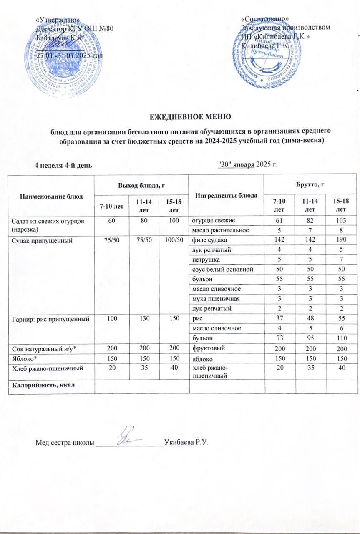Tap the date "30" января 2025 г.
pos(248,164)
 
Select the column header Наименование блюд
pos(52,196)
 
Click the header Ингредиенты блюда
pos(227,196)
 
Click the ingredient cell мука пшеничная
pos(213,299)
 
